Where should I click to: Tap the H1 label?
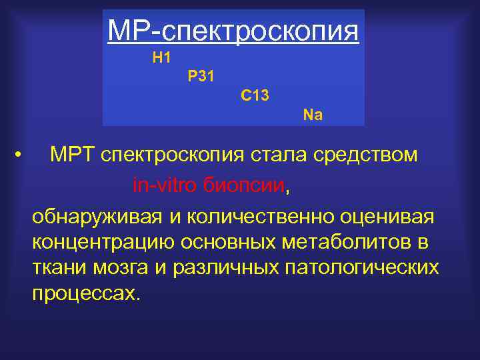coord(162,59)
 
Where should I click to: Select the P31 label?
coord(201,77)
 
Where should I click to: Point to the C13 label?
coord(255,96)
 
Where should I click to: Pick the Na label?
coord(313,115)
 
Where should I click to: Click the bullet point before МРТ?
coord(23,156)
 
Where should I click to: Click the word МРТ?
coord(73,155)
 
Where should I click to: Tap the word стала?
coord(273,155)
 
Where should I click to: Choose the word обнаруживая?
coord(97,217)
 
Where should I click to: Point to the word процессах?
coord(87,294)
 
